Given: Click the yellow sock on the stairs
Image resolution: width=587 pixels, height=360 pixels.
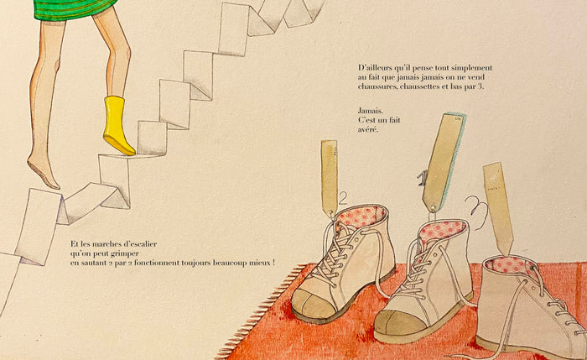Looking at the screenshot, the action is point(117,126).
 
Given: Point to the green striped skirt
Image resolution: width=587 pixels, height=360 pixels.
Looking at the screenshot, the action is point(73,9).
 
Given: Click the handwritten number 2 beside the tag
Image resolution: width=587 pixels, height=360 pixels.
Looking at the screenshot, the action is point(342,199).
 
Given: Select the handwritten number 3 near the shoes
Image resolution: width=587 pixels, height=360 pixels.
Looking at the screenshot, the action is point(477,213).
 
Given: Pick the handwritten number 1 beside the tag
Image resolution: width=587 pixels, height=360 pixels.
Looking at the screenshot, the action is point(422,179).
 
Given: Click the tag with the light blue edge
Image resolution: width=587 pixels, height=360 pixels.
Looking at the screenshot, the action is point(444,162).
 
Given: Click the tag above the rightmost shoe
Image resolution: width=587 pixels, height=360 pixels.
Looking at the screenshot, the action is point(498,208).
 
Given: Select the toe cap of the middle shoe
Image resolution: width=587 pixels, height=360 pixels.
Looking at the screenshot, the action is point(397,325).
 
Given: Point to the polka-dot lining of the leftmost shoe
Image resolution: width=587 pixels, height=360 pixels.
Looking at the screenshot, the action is point(361,217).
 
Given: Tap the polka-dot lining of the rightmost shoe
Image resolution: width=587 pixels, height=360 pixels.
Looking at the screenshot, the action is point(510,266).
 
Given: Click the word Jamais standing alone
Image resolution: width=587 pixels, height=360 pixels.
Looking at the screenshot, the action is point(371,111).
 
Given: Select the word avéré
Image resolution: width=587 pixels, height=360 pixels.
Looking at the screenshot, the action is point(368,129).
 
